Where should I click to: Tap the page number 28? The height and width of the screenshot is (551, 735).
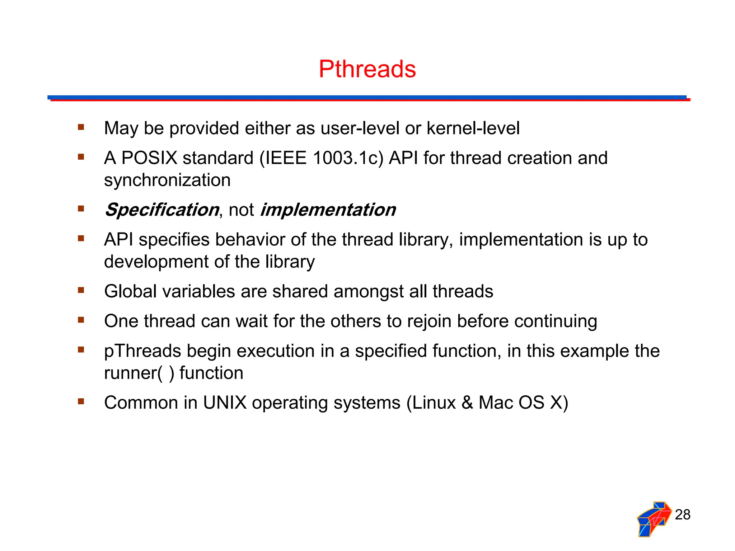pyautogui.click(x=682, y=515)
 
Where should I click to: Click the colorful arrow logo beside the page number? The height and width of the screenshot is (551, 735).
pyautogui.click(x=654, y=519)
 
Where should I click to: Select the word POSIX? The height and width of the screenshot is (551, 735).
pyautogui.click(x=149, y=158)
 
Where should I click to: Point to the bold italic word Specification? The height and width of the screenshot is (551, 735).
pyautogui.click(x=161, y=210)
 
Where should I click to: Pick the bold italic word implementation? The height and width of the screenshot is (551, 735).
pyautogui.click(x=328, y=210)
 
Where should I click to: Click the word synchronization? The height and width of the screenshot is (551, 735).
pyautogui.click(x=167, y=180)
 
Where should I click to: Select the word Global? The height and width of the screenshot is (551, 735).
pyautogui.click(x=130, y=291)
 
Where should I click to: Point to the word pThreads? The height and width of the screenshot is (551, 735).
pyautogui.click(x=142, y=351)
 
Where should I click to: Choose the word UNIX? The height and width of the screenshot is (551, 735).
pyautogui.click(x=225, y=403)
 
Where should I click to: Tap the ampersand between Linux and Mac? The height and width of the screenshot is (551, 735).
pyautogui.click(x=467, y=403)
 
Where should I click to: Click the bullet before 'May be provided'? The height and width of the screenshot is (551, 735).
pyautogui.click(x=81, y=127)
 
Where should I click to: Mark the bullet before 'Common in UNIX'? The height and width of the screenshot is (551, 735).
pyautogui.click(x=81, y=401)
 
